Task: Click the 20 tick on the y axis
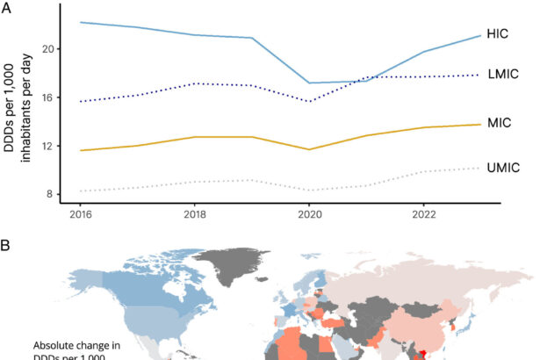[x=47, y=48]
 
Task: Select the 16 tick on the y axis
[x=47, y=97]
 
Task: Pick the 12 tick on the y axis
[x=47, y=146]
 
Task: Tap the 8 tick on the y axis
[x=50, y=194]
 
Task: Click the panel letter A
[x=7, y=7]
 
